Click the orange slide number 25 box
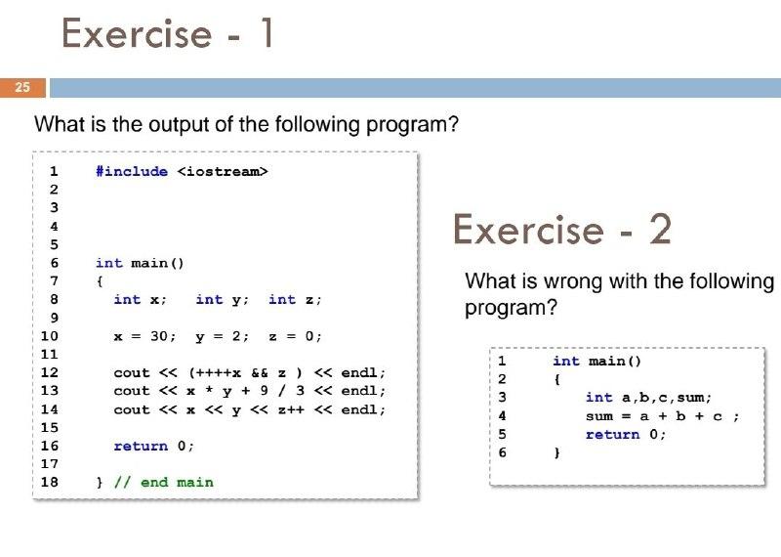coord(22,88)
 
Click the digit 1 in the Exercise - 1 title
coord(267,33)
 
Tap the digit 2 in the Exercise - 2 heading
coord(661,230)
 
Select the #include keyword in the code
coord(132,172)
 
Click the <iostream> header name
coord(223,172)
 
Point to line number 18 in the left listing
coord(50,482)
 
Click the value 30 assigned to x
coord(159,336)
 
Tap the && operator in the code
coord(259,373)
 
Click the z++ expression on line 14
coord(291,409)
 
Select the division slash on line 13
coord(282,391)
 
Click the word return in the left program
coord(141,446)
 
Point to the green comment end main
coord(163,482)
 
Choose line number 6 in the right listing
coord(502,452)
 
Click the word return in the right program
coord(613,435)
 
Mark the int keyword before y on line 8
coord(209,299)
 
